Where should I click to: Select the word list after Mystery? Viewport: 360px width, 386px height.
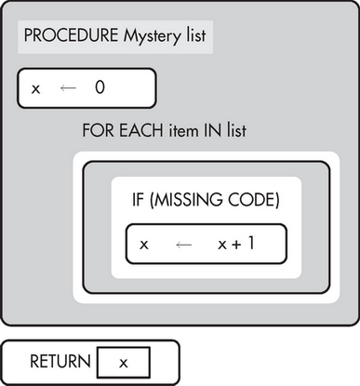point(193,37)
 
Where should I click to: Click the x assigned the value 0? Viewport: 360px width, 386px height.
point(36,89)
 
